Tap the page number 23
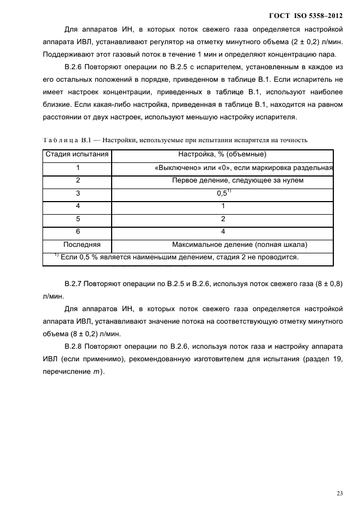point(339,494)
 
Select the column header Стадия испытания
point(77,155)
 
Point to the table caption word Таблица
point(57,140)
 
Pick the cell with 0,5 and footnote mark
point(222,193)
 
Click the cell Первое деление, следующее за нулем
point(222,180)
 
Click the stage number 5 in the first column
point(78,218)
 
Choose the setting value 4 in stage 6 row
point(223,232)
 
